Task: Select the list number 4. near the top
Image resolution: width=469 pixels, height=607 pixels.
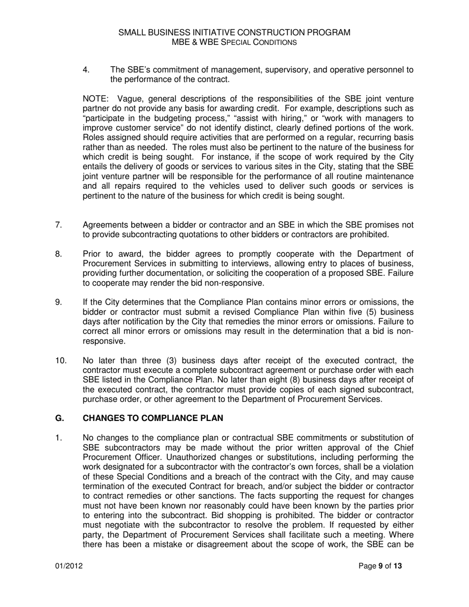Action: coord(86,70)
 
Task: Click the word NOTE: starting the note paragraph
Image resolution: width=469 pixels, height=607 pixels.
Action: coord(95,99)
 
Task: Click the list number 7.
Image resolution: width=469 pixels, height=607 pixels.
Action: coord(58,225)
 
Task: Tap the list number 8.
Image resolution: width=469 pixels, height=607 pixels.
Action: coord(58,254)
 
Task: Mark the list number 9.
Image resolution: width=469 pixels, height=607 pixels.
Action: coord(58,303)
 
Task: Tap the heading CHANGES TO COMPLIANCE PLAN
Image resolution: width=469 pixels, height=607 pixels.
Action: coord(153,418)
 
